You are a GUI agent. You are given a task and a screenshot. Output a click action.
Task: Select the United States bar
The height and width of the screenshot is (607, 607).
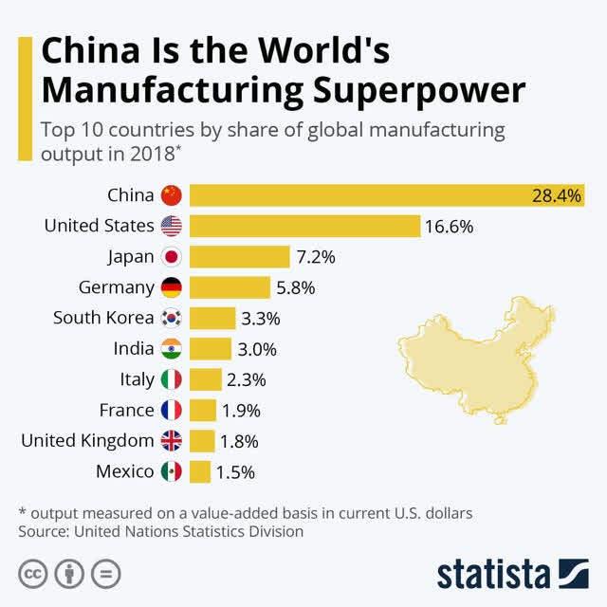point(304,226)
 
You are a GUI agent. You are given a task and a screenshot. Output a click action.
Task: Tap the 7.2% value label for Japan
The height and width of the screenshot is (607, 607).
point(316,257)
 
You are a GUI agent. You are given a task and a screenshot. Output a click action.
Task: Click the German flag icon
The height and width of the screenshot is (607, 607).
point(171,287)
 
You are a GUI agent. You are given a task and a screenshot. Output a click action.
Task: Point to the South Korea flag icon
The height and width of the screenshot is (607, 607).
point(171,318)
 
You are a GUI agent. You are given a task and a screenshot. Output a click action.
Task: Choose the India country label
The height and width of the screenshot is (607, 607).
point(133,349)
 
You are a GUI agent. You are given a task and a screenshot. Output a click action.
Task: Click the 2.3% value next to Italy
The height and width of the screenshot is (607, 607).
point(247,379)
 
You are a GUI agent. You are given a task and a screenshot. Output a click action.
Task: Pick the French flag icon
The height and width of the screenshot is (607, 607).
point(171,411)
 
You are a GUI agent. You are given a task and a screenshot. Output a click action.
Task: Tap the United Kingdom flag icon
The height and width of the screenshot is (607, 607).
point(171,441)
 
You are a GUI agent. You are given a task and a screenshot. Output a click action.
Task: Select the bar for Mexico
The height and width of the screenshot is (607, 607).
point(200,471)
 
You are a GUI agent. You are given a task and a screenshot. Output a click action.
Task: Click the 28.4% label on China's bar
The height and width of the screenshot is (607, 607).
point(557,195)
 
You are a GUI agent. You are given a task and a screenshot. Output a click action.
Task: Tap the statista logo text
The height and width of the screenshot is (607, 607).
point(492,575)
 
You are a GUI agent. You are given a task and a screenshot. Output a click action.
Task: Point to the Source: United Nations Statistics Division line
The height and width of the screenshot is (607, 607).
point(161,532)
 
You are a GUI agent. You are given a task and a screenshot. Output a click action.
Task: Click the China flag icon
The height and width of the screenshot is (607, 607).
point(171,195)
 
